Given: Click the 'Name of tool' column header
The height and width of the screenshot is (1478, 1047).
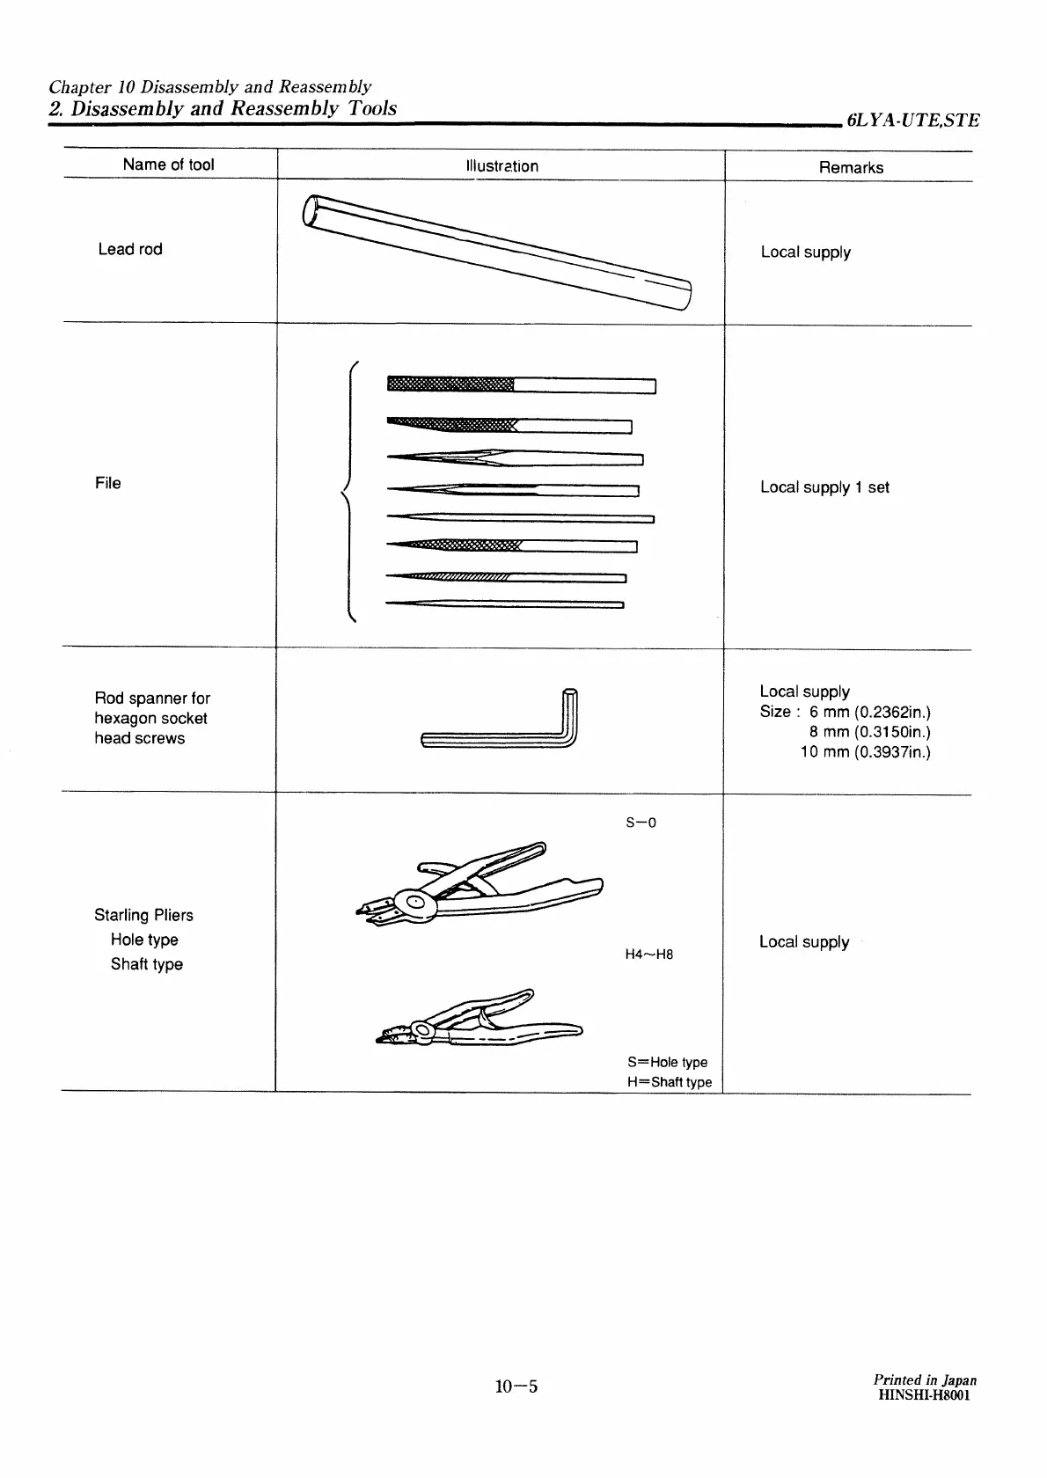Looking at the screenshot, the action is tap(168, 165).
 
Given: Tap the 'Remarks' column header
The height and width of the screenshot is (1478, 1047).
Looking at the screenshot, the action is tap(851, 168).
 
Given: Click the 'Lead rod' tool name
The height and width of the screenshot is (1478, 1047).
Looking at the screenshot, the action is tap(130, 249).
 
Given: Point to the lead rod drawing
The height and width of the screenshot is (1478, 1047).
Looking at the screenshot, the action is tap(497, 251).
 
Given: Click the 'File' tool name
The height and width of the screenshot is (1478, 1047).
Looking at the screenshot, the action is tap(107, 483).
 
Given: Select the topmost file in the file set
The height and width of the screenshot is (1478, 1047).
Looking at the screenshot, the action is tap(522, 384).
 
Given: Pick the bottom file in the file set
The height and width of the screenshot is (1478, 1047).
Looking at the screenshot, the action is tap(505, 604).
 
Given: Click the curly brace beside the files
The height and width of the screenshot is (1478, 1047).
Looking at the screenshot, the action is tap(349, 493).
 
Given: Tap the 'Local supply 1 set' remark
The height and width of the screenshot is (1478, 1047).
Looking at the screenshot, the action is tap(824, 487).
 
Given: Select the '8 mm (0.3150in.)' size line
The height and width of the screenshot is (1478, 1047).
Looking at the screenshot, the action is tap(870, 732).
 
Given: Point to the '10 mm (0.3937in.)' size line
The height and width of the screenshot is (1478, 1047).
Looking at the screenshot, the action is tap(866, 752).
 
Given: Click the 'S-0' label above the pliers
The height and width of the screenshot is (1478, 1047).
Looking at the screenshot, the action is tap(641, 823).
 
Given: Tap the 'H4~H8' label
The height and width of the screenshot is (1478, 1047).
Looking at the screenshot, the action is tap(649, 955).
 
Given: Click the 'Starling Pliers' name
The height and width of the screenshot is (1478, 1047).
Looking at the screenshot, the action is tap(143, 915).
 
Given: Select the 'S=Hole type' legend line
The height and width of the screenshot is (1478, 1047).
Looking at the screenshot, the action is tap(668, 1062).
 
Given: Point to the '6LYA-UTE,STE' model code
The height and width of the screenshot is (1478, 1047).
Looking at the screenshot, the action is tap(913, 121).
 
